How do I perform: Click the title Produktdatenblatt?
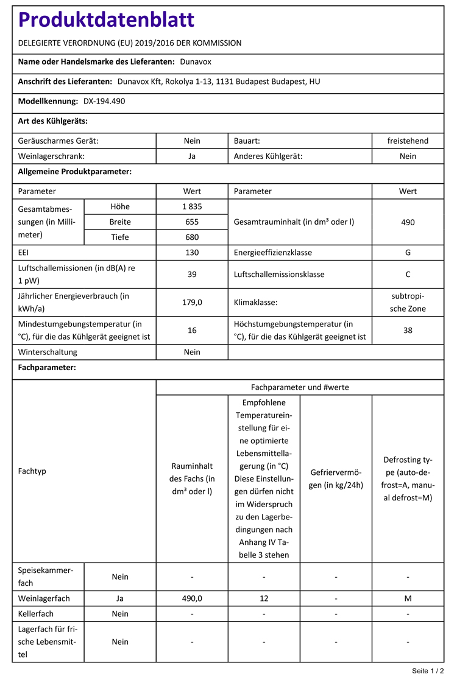pyautogui.click(x=107, y=20)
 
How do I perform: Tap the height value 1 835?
pyautogui.click(x=192, y=206)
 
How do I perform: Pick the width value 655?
pyautogui.click(x=192, y=222)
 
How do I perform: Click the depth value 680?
pyautogui.click(x=192, y=237)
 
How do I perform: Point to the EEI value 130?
pyautogui.click(x=192, y=252)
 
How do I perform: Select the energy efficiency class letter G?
pyautogui.click(x=408, y=252)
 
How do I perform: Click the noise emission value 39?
pyautogui.click(x=192, y=274)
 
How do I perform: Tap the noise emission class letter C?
pyautogui.click(x=408, y=274)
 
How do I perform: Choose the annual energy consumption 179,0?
pyautogui.click(x=192, y=302)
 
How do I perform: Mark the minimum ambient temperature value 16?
pyautogui.click(x=192, y=330)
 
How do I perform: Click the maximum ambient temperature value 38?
pyautogui.click(x=408, y=330)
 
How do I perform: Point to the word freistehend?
pyautogui.click(x=408, y=141)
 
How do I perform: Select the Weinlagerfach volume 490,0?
pyautogui.click(x=192, y=598)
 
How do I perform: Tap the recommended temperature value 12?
pyautogui.click(x=264, y=598)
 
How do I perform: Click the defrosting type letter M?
pyautogui.click(x=408, y=598)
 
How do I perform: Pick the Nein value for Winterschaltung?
pyautogui.click(x=192, y=352)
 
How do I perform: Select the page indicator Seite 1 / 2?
pyautogui.click(x=428, y=670)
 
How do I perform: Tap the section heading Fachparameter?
pyautogui.click(x=47, y=368)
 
